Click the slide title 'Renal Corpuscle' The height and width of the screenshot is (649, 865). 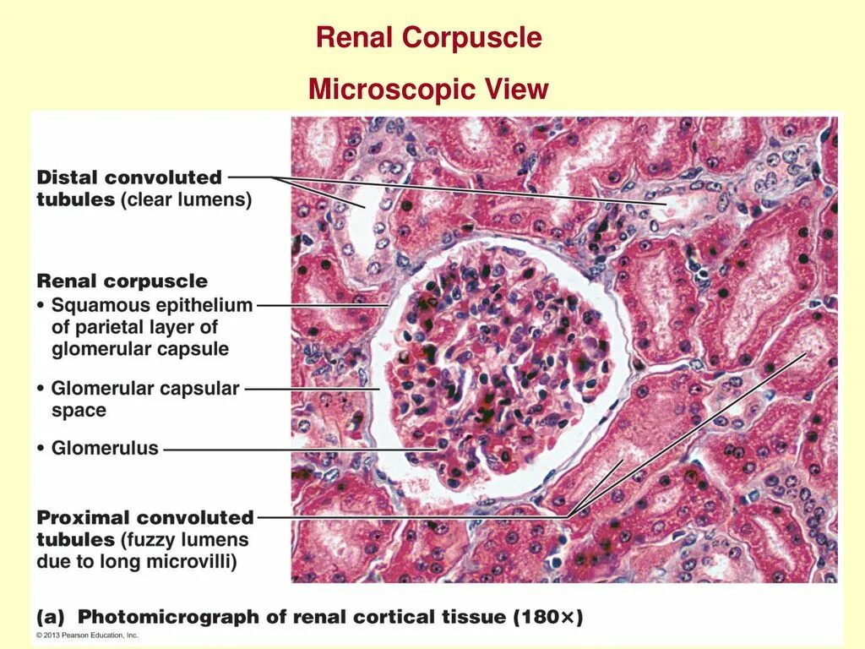pos(428,38)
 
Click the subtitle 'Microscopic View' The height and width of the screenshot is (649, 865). pos(428,89)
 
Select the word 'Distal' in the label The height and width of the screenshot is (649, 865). pos(67,177)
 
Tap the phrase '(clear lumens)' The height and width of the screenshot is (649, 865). pos(186,200)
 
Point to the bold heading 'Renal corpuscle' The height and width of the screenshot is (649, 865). pos(122,281)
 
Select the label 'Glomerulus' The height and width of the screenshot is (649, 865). pos(105,448)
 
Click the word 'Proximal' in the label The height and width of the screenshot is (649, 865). pos(84,517)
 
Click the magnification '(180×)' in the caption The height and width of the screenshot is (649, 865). pos(548,618)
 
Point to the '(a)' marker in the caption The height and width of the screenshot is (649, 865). pos(52,618)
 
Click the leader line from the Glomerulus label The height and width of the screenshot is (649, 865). pos(296,450)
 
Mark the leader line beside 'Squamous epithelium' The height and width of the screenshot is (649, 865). pos(321,304)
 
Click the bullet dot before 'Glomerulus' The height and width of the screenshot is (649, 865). pos(41,449)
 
